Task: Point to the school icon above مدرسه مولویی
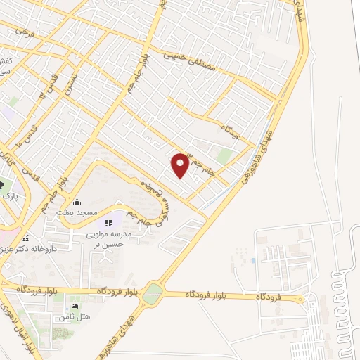(x=108, y=224)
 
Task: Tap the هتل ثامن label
(x=75, y=318)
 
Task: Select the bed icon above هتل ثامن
(x=75, y=307)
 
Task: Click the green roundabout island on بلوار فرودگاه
(x=152, y=294)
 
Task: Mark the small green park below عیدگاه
(x=224, y=156)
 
